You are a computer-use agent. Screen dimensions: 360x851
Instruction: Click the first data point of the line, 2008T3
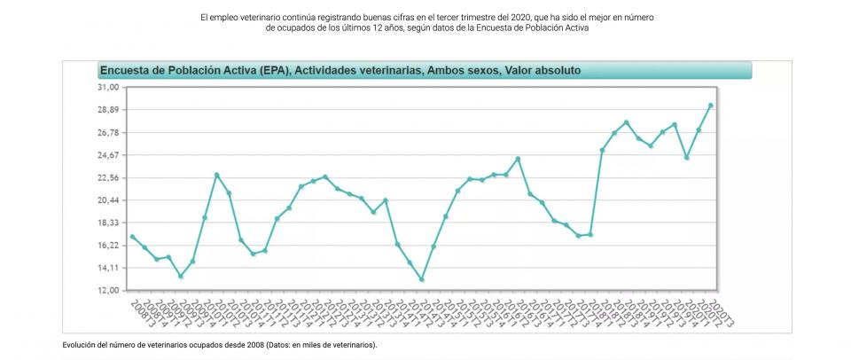131,237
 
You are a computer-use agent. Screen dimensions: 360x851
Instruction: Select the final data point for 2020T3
710,106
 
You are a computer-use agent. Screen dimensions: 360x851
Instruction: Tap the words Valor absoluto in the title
543,70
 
